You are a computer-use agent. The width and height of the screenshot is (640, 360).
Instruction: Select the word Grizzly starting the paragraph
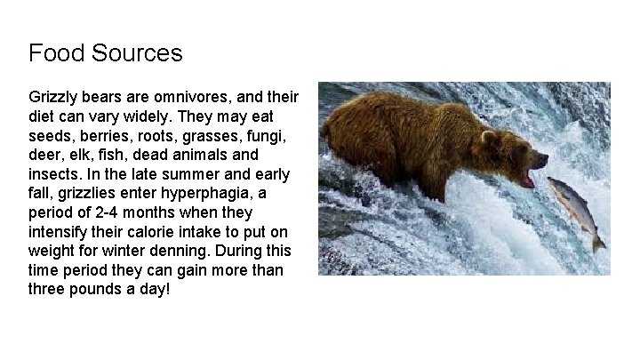tap(52, 95)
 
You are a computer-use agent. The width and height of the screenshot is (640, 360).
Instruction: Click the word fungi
tap(274, 134)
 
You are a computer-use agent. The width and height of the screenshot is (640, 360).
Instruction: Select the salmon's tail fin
tap(599, 241)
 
